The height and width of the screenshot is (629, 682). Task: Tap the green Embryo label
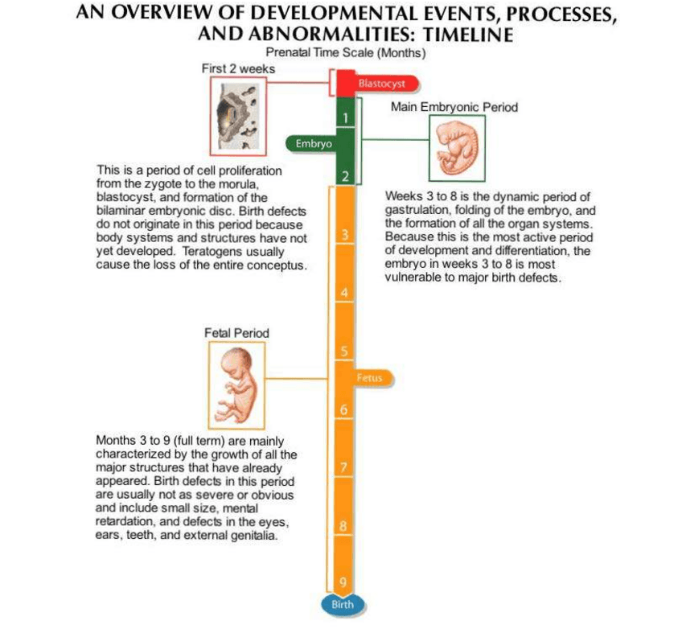pyautogui.click(x=310, y=143)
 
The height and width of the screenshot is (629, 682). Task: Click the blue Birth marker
pyautogui.click(x=343, y=603)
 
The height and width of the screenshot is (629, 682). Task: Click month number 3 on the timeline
pyautogui.click(x=343, y=236)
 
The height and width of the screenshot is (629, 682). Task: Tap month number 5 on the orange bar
pyautogui.click(x=343, y=351)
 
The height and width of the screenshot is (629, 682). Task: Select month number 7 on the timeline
pyautogui.click(x=343, y=467)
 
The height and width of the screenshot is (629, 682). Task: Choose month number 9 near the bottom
pyautogui.click(x=343, y=583)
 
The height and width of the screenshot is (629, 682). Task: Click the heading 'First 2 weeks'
pyautogui.click(x=238, y=69)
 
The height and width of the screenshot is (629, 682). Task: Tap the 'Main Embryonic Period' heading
pyautogui.click(x=454, y=106)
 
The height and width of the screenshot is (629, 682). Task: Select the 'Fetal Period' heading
pyautogui.click(x=237, y=332)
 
